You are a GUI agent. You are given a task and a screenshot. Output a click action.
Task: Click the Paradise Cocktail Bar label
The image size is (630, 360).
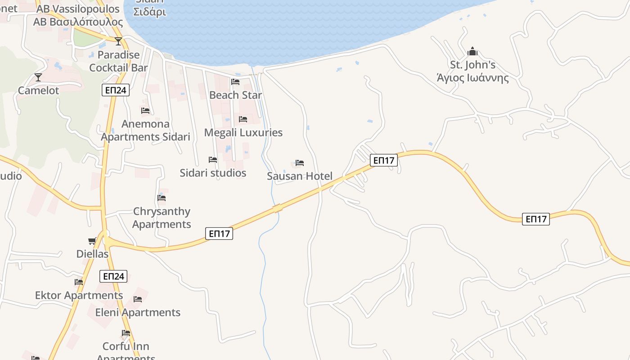[x=118, y=61]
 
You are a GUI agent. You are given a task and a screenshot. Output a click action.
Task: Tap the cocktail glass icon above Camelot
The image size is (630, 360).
[x=38, y=77]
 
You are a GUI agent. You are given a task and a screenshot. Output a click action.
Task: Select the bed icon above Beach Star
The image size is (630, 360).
[x=235, y=82]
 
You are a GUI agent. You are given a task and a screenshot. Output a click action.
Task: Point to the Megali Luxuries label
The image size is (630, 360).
[x=243, y=132]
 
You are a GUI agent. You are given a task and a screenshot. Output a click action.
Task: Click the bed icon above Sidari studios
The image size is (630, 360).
[x=213, y=160]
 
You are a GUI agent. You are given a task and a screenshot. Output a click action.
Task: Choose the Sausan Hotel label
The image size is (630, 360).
[x=299, y=176]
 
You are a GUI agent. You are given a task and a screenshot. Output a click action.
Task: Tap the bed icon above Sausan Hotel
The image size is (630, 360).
[x=300, y=163]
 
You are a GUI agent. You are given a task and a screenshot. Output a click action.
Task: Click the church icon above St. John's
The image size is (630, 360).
[x=472, y=51]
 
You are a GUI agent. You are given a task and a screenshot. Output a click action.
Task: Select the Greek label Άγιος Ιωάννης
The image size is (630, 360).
[x=472, y=78]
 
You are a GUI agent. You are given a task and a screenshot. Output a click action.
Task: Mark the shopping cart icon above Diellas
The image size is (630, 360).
[x=92, y=241]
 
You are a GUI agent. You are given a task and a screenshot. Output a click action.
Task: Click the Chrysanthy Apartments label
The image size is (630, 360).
[x=162, y=218]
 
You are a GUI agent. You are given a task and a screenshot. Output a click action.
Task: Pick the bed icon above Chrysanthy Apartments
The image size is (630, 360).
[x=162, y=198]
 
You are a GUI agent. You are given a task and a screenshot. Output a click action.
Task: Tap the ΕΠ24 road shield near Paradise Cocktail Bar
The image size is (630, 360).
[x=116, y=90]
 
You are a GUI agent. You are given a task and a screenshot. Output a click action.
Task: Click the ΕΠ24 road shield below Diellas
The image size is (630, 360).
[x=113, y=276]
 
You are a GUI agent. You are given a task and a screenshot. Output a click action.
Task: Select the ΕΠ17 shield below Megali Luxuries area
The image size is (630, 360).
[x=219, y=234]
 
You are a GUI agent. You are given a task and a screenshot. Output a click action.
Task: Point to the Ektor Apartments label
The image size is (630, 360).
[x=79, y=295]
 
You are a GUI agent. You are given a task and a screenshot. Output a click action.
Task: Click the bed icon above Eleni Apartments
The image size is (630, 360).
[x=138, y=299]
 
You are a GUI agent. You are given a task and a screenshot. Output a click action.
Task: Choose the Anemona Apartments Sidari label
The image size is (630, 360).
[x=145, y=130]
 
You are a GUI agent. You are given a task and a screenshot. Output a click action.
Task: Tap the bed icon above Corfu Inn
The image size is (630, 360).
[x=126, y=333]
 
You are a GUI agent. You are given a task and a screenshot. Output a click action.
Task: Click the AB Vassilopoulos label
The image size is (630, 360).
[x=78, y=9]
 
